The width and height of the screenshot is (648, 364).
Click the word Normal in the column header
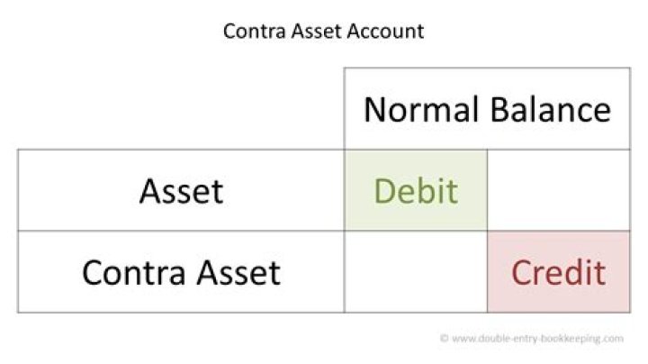pyautogui.click(x=420, y=110)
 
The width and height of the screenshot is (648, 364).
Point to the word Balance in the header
pyautogui.click(x=550, y=110)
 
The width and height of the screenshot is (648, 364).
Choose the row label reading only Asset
pyautogui.click(x=181, y=191)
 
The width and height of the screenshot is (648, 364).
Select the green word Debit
pyautogui.click(x=415, y=191)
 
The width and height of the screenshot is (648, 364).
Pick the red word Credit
pyautogui.click(x=558, y=272)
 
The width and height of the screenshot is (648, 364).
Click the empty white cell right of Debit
pyautogui.click(x=558, y=190)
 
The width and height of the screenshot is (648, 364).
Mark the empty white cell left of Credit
pyautogui.click(x=415, y=272)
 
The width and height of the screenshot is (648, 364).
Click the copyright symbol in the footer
pyautogui.click(x=444, y=339)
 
